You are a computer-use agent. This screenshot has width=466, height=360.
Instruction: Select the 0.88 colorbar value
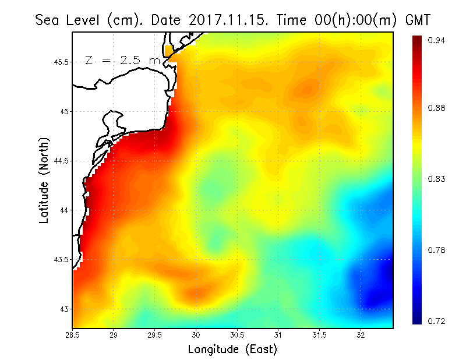(437, 108)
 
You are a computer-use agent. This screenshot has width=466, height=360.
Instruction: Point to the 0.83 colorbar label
(437, 179)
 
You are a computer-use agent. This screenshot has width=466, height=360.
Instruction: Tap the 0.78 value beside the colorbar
(437, 250)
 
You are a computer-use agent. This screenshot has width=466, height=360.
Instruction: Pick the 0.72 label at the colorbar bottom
(437, 321)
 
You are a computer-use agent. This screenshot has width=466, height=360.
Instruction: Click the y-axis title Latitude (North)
(44, 180)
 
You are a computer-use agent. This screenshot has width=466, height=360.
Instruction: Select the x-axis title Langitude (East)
(232, 350)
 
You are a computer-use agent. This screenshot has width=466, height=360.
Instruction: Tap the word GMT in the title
(417, 20)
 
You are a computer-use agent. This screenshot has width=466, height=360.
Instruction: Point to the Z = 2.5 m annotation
(122, 60)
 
